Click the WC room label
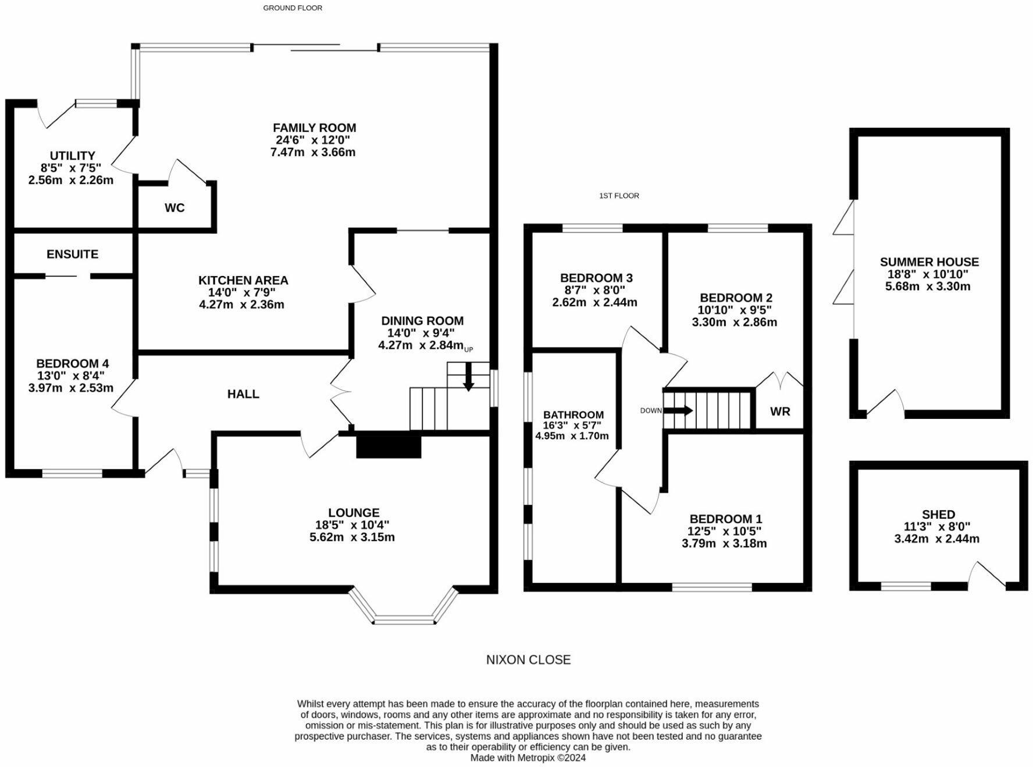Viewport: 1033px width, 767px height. pyautogui.click(x=174, y=208)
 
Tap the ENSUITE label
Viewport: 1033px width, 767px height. pyautogui.click(x=73, y=255)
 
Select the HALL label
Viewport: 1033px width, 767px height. pyautogui.click(x=243, y=394)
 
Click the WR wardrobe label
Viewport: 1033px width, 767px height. pyautogui.click(x=780, y=411)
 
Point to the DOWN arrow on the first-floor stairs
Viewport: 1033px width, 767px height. pyautogui.click(x=678, y=410)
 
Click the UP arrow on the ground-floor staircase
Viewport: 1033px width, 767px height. pyautogui.click(x=468, y=379)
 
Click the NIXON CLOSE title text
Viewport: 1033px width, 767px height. pyautogui.click(x=529, y=660)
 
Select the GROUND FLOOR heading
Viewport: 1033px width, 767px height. pyautogui.click(x=293, y=8)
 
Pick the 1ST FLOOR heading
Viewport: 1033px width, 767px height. pyautogui.click(x=619, y=196)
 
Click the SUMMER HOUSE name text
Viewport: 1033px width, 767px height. pyautogui.click(x=929, y=262)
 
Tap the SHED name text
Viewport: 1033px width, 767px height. pyautogui.click(x=938, y=514)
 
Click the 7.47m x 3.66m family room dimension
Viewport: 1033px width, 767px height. pyautogui.click(x=313, y=152)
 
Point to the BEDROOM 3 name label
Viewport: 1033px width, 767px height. pyautogui.click(x=596, y=278)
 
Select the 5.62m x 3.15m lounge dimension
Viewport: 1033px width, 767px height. pyautogui.click(x=352, y=537)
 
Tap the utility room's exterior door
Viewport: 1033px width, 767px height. pyautogui.click(x=55, y=114)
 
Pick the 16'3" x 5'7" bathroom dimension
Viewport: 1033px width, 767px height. pyautogui.click(x=572, y=425)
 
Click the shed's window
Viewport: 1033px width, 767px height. pyautogui.click(x=906, y=586)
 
